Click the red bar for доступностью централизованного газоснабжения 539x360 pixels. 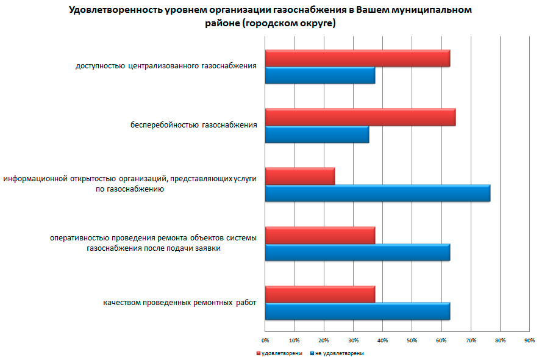(357, 58)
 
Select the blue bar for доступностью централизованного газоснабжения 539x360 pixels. (320, 76)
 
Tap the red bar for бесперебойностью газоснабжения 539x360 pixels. (360, 117)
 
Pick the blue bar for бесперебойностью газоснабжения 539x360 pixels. (317, 134)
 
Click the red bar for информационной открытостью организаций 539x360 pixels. (300, 176)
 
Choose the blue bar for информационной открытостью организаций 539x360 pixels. (377, 193)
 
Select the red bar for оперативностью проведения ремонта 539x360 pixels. (320, 235)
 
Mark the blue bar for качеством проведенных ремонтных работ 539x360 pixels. (357, 311)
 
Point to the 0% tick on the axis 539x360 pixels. (265, 340)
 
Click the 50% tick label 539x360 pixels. (412, 340)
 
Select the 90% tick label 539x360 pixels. (529, 340)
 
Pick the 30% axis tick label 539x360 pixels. (353, 340)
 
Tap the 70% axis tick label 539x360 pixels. (471, 340)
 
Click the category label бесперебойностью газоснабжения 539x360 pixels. (193, 126)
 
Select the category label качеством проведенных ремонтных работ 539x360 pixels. (180, 303)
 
